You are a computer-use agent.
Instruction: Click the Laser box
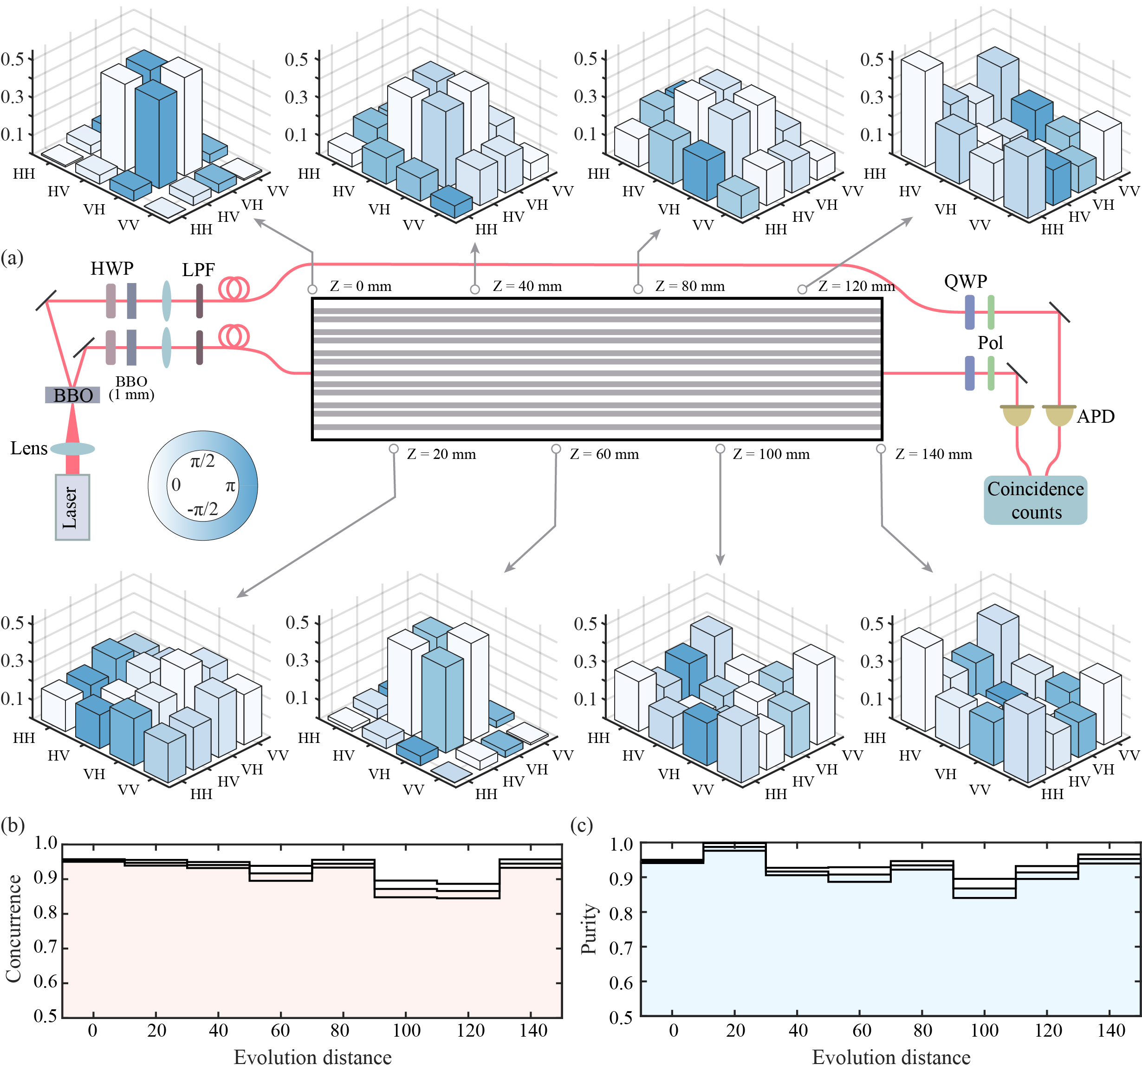click(72, 507)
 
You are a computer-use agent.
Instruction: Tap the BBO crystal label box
click(73, 395)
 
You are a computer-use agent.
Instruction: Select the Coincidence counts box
click(1035, 500)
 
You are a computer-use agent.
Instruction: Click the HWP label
click(112, 268)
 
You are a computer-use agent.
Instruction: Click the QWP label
click(966, 281)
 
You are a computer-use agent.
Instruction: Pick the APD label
click(1096, 416)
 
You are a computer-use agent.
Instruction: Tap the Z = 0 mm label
click(361, 286)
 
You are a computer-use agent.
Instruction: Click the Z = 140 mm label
click(934, 454)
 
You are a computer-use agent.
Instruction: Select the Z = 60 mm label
click(604, 454)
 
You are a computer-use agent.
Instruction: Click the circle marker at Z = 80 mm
click(638, 289)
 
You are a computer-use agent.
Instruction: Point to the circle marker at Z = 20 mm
click(394, 449)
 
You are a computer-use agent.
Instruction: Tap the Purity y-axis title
click(588, 929)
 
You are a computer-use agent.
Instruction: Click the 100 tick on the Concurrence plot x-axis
click(406, 1031)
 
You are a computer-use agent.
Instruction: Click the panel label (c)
click(581, 825)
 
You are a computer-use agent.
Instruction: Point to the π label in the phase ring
click(230, 486)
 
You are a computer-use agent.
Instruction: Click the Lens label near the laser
click(29, 448)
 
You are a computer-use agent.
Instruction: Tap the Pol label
click(990, 343)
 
